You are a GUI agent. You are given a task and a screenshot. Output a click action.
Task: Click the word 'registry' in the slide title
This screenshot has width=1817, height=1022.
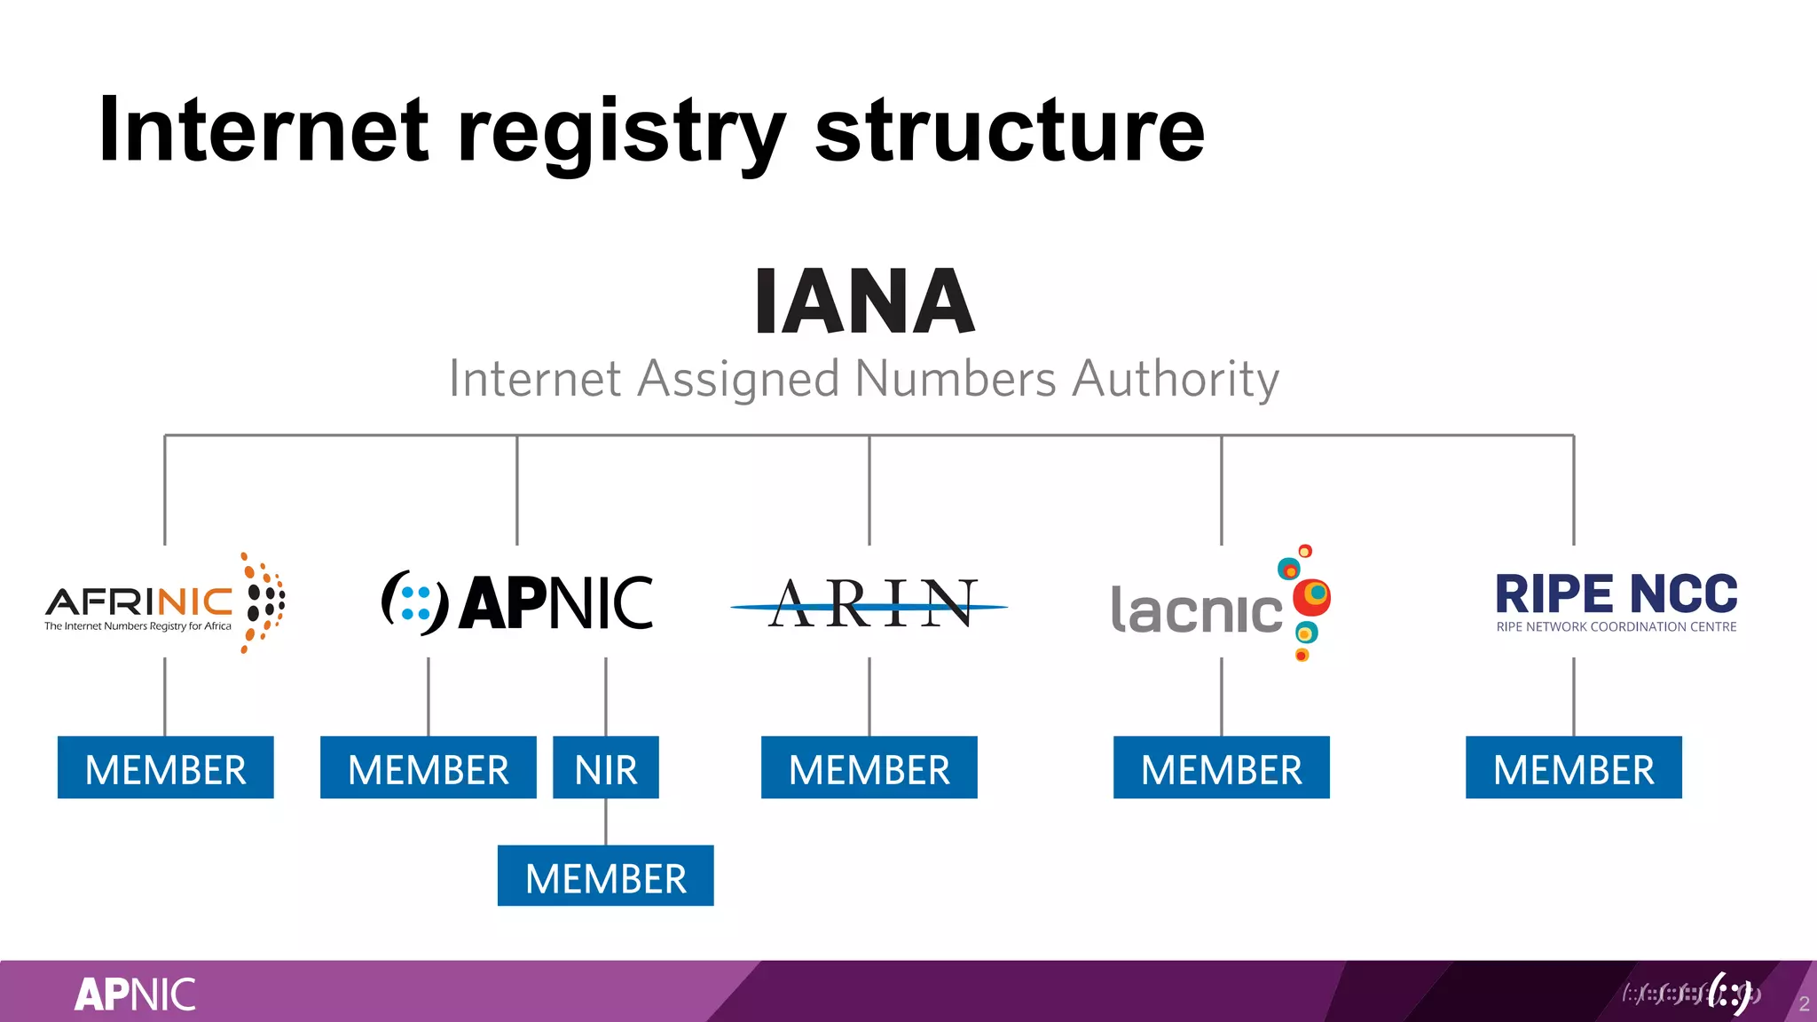[x=621, y=133]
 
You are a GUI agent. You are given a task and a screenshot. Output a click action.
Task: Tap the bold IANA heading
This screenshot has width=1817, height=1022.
[x=865, y=303]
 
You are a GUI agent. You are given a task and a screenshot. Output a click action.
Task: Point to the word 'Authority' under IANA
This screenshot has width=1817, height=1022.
[x=1176, y=380]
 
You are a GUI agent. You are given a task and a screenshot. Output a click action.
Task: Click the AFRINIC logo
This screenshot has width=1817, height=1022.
[x=165, y=603]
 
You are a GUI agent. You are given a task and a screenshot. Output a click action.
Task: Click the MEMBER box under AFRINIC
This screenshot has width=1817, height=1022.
[x=166, y=767]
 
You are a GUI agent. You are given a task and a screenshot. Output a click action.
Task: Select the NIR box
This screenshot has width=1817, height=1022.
[x=606, y=767]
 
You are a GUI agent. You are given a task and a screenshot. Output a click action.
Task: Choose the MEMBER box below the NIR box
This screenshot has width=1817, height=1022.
[x=606, y=877]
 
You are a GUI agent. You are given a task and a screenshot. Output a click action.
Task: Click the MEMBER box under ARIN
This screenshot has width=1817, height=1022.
[x=869, y=767]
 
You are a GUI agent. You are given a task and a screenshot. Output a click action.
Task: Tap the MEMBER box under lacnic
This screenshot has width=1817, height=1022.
[x=1222, y=767]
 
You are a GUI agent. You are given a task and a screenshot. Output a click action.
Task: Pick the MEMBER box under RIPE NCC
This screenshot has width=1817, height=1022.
[x=1574, y=767]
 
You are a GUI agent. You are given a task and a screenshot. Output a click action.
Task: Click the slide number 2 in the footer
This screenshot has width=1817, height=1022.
[x=1804, y=1004]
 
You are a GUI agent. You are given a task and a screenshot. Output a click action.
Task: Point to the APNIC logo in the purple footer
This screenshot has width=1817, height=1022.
[x=135, y=994]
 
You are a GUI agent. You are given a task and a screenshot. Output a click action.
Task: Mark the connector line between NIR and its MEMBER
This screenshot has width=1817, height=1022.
[x=606, y=822]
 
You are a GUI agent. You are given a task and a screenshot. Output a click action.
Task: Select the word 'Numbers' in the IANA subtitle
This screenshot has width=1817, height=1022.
[x=956, y=380]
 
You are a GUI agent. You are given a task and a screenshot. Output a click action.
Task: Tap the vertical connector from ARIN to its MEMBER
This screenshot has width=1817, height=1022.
[x=869, y=696]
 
